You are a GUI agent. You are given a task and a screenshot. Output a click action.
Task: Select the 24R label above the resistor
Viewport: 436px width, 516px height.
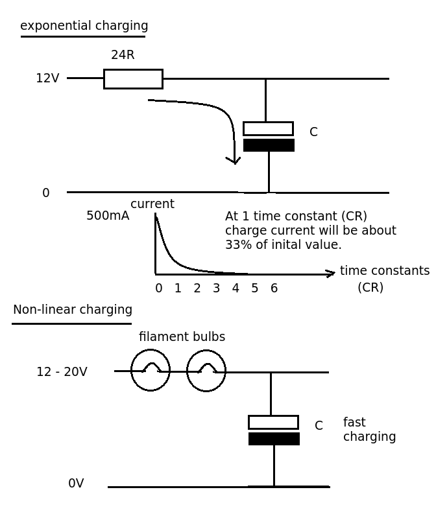123,54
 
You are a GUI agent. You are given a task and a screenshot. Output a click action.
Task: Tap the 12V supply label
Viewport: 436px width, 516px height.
48,78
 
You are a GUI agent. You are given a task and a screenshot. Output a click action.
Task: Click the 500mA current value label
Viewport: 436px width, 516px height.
108,216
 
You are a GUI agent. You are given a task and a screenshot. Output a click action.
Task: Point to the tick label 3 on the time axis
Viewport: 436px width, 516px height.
216,288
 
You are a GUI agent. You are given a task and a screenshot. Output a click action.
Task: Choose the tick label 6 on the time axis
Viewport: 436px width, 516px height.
274,288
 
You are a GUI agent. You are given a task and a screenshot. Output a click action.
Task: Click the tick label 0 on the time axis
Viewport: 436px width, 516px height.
159,288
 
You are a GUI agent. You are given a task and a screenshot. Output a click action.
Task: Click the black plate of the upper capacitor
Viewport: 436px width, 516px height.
269,145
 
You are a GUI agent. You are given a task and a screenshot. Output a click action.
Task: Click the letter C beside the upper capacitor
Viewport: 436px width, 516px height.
313,132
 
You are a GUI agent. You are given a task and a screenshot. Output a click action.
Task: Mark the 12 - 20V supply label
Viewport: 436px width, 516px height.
62,372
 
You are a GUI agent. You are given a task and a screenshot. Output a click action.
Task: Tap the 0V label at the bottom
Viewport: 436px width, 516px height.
76,483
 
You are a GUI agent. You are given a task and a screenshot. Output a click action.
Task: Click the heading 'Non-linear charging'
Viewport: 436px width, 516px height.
73,310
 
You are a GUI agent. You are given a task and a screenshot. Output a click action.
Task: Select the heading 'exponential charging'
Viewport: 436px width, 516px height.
84,26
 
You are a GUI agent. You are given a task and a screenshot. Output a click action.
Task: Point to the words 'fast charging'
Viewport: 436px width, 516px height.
369,429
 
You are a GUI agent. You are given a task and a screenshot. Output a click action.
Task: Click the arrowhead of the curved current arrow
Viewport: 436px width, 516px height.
234,161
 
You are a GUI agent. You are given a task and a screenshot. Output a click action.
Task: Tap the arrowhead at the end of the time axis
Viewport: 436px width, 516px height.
331,274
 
